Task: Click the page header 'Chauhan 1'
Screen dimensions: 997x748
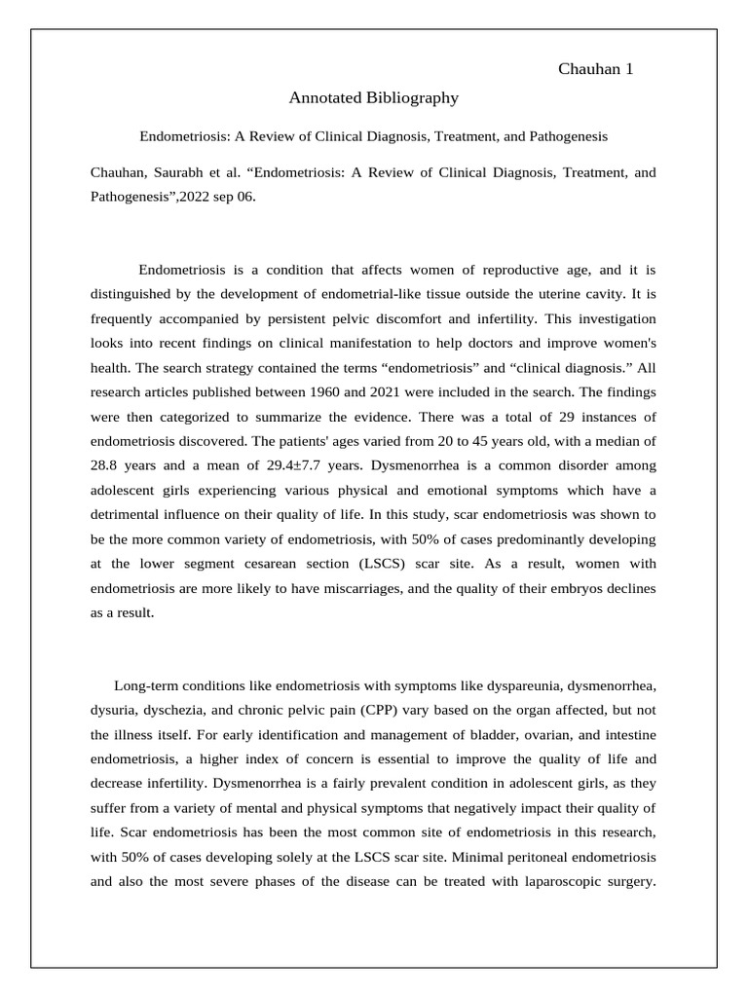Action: (x=596, y=69)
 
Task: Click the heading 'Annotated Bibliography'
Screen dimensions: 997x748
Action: (x=373, y=98)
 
